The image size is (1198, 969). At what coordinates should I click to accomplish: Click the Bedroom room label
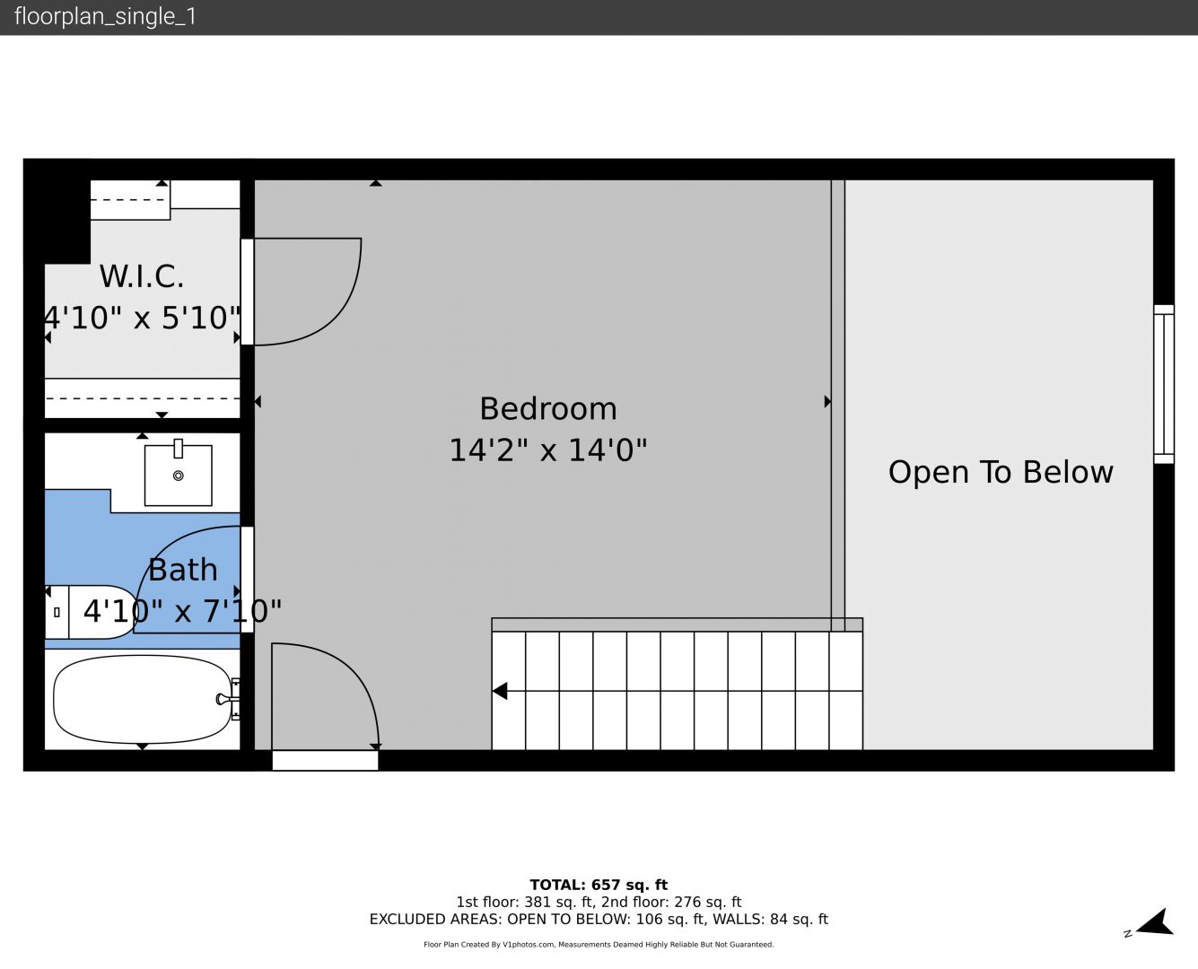547,409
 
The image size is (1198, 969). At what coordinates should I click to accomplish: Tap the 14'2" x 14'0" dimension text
547,450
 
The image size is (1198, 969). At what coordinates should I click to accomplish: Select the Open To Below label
1001,472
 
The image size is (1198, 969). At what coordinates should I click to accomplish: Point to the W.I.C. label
142,276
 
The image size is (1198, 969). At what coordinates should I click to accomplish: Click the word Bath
183,570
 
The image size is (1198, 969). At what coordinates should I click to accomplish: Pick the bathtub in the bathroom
143,699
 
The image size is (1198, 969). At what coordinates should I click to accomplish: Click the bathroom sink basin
179,476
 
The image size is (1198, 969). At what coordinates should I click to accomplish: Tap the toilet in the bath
90,612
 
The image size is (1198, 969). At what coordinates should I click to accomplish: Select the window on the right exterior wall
1164,384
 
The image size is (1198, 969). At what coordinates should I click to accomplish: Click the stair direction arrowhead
500,691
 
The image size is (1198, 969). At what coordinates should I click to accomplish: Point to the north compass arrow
1157,923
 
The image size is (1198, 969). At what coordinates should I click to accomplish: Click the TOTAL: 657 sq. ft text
599,885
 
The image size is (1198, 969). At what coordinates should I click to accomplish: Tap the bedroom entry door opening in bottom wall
325,760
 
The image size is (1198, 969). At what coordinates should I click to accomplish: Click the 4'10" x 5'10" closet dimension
143,318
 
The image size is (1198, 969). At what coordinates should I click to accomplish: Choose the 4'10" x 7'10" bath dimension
182,611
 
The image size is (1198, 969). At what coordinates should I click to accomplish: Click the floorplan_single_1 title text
105,17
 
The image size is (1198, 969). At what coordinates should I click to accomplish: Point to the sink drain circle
179,476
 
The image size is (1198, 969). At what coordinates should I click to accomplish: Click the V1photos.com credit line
599,944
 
